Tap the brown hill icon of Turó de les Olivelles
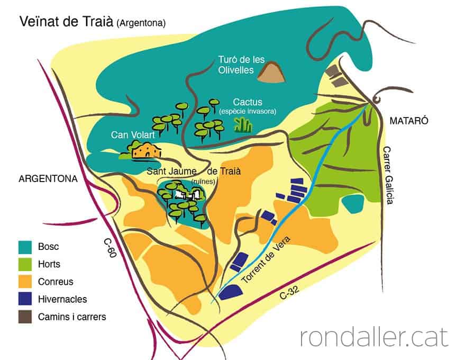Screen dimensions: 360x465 coord(271,73)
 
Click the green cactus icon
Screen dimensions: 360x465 coord(243,124)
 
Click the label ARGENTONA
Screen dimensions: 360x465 coord(48,178)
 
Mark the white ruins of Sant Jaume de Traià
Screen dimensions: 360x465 coord(190,194)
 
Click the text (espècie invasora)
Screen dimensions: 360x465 coord(247,112)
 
